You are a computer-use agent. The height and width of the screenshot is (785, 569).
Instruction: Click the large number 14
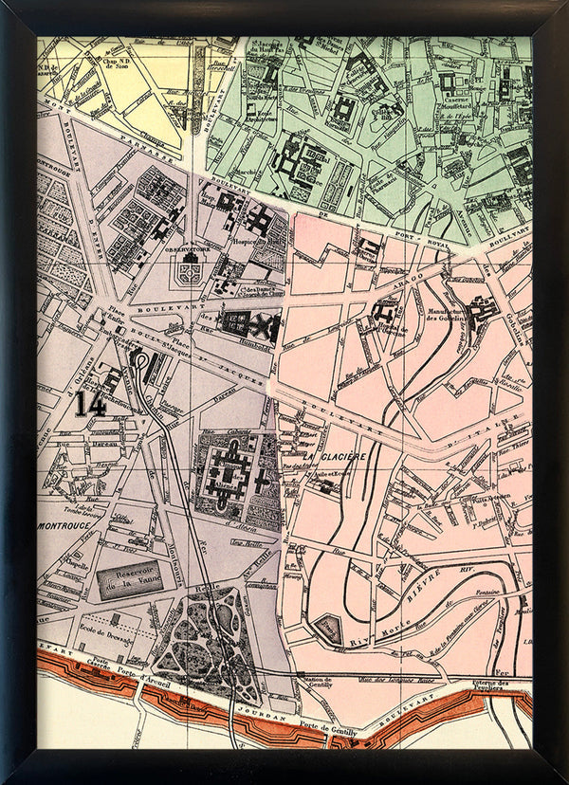click(91, 405)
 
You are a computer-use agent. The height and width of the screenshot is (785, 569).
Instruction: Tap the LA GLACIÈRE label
click(337, 457)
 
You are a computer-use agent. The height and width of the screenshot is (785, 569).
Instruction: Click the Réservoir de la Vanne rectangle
click(133, 576)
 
